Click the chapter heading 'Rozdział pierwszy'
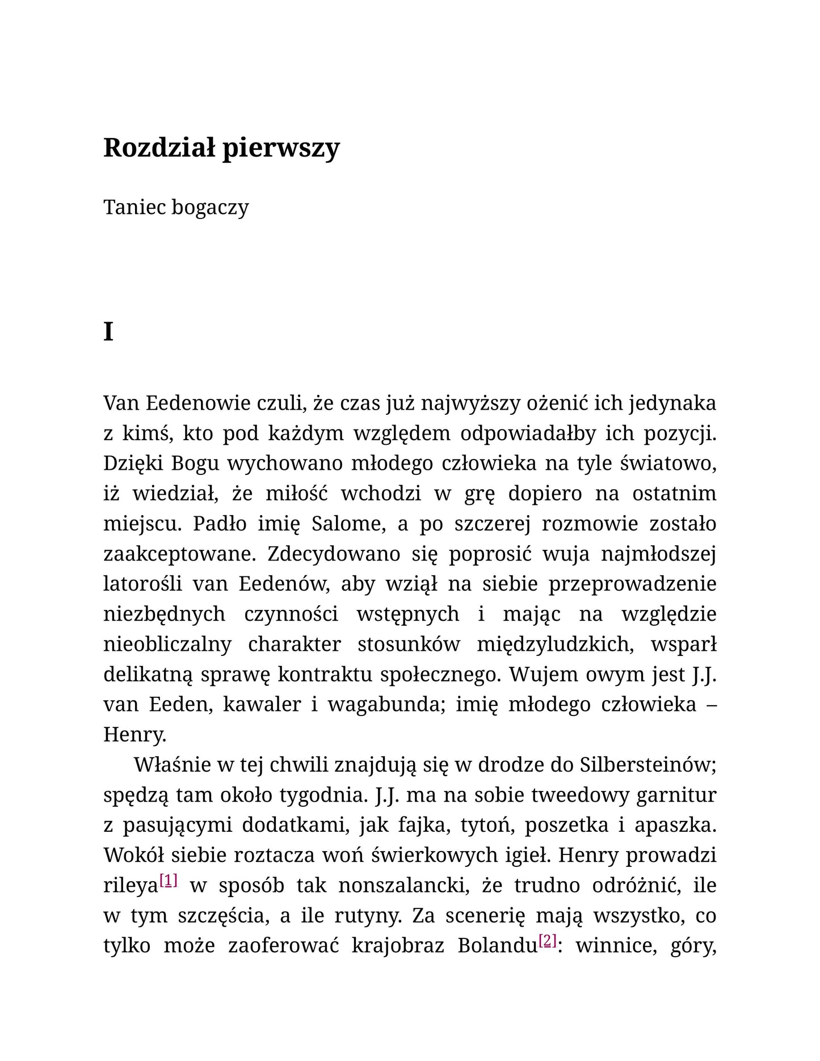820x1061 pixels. (221, 148)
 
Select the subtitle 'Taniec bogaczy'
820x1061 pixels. (176, 208)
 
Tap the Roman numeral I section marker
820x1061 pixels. (108, 332)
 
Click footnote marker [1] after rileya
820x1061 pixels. (169, 881)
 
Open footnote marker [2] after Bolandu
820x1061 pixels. (548, 941)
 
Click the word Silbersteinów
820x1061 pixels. (647, 765)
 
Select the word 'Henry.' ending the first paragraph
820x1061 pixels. (134, 735)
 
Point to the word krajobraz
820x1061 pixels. (397, 946)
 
